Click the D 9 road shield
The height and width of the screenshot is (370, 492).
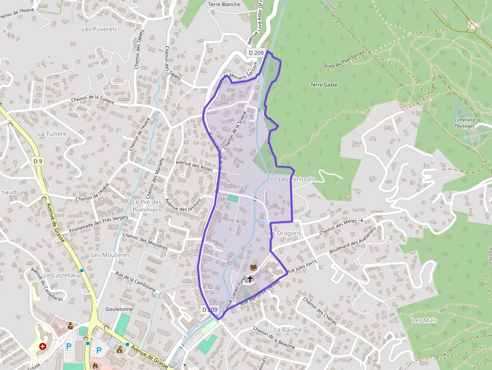(38, 161)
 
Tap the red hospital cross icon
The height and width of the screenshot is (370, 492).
(43, 346)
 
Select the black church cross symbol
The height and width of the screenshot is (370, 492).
(250, 278)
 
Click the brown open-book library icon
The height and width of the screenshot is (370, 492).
(254, 267)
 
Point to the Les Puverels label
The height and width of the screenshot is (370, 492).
(99, 29)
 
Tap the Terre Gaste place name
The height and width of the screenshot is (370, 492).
(324, 85)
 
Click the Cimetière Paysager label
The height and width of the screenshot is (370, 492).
(464, 123)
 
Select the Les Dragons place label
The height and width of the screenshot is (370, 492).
(284, 233)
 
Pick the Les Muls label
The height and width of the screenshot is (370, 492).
(424, 320)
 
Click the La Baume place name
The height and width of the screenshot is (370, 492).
(288, 330)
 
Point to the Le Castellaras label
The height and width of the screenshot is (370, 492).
(63, 276)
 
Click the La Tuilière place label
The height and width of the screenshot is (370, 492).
(52, 134)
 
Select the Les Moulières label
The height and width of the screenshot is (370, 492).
(110, 255)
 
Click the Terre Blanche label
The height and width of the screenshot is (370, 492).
(224, 5)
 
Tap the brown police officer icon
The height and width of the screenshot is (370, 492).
(70, 325)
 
